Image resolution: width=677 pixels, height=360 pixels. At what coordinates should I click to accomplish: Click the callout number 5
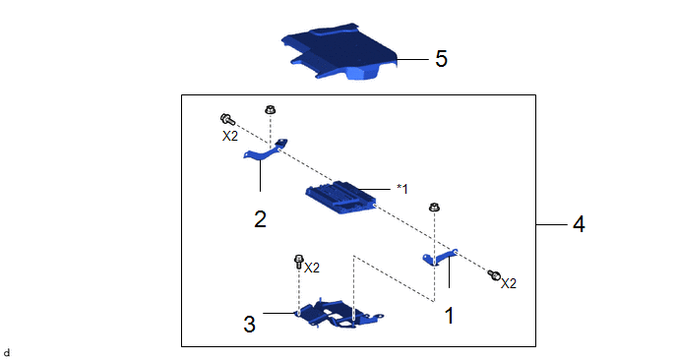click(x=441, y=59)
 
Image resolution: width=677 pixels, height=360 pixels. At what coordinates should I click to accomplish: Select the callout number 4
click(x=579, y=224)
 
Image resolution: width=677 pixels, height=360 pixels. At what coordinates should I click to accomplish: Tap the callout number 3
click(x=250, y=324)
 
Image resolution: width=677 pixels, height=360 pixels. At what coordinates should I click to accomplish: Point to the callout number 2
click(x=260, y=219)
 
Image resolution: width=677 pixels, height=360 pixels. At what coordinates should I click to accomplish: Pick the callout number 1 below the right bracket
click(x=450, y=316)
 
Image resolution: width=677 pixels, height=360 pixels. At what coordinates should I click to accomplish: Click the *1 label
click(x=402, y=189)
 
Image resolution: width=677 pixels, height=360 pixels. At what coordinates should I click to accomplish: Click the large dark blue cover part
click(x=338, y=52)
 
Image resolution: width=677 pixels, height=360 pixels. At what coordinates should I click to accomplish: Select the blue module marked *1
click(x=340, y=198)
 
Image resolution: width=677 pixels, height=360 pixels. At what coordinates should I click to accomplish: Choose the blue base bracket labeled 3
click(x=338, y=314)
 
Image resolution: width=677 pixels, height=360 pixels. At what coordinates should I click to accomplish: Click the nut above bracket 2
click(x=271, y=109)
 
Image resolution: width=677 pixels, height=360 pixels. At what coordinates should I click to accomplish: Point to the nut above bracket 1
click(x=434, y=208)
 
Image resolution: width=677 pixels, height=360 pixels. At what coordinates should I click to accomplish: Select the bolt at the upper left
click(x=227, y=119)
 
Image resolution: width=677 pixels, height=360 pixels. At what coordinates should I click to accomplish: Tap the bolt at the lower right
click(x=494, y=274)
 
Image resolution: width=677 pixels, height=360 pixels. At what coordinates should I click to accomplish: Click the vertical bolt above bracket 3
click(x=298, y=262)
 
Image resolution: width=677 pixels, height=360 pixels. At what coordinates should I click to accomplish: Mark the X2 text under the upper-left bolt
click(x=229, y=137)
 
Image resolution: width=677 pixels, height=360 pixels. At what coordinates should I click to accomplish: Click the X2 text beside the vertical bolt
click(x=312, y=269)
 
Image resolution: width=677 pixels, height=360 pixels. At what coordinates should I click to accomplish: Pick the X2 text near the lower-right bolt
click(x=509, y=283)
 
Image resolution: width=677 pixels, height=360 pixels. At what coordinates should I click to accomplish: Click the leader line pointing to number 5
click(x=412, y=59)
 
